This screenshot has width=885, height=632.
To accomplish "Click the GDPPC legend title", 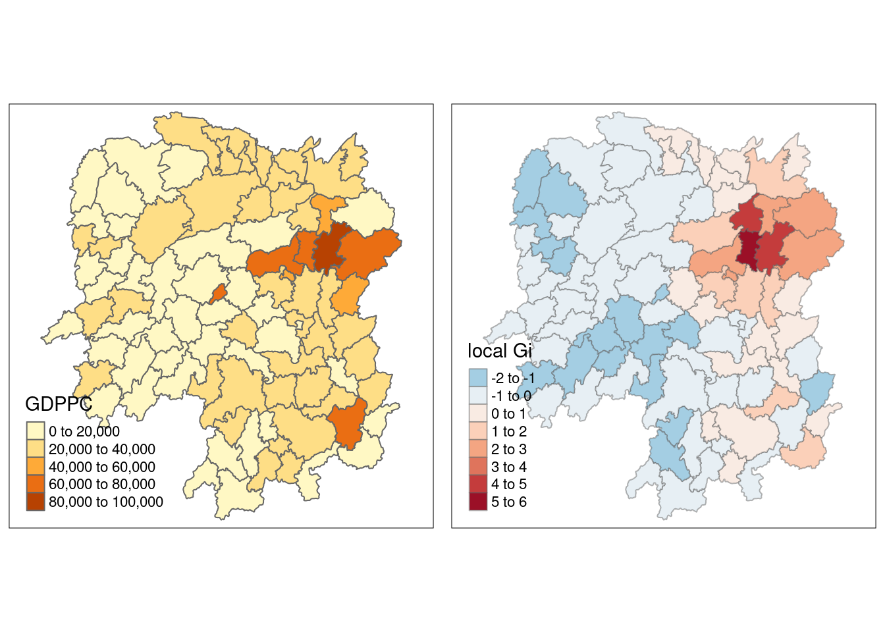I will [x=58, y=404].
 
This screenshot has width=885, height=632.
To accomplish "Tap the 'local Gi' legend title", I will [x=499, y=351].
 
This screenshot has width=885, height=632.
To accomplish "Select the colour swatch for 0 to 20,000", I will [x=36, y=431].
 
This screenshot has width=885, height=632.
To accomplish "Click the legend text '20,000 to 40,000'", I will [x=102, y=449].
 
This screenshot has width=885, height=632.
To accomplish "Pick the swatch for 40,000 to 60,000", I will [x=36, y=467].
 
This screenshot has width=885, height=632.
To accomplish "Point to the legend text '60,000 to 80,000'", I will [x=102, y=485].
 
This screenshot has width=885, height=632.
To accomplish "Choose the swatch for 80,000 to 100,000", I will [x=36, y=502].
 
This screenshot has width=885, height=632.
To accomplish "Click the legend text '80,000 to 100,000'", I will [x=106, y=502].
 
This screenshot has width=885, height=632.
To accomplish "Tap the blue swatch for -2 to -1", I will [x=478, y=378].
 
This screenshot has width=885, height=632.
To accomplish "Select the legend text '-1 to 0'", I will [x=511, y=396].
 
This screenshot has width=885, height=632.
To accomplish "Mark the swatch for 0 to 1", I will [x=478, y=413].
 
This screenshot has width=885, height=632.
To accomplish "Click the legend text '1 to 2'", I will [x=509, y=431].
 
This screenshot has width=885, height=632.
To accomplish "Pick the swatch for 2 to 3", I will [x=478, y=449].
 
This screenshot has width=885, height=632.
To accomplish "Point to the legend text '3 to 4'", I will [x=509, y=467].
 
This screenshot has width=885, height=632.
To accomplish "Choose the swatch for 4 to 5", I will [x=478, y=485].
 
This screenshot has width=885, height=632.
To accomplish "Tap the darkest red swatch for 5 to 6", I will [x=478, y=502].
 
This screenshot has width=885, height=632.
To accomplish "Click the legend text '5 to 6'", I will [x=509, y=502].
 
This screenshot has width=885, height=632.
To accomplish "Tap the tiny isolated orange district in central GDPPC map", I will [x=218, y=294].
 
